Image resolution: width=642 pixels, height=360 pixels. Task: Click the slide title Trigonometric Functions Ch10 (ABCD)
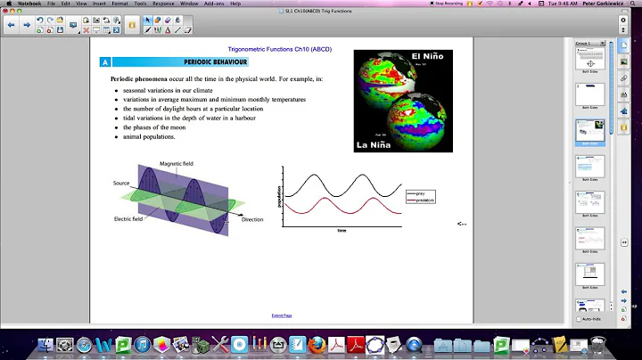tap(245, 47)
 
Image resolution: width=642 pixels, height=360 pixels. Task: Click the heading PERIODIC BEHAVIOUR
tap(215, 63)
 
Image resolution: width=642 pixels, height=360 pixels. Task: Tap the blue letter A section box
tap(105, 63)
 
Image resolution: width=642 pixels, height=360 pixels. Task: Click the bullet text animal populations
tap(150, 137)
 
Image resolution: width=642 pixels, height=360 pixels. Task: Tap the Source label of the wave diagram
tap(121, 183)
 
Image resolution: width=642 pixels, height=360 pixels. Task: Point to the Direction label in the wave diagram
tap(252, 219)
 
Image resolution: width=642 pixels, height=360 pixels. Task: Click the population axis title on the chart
tap(280, 197)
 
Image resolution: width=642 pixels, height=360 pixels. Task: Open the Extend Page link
tap(282, 315)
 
